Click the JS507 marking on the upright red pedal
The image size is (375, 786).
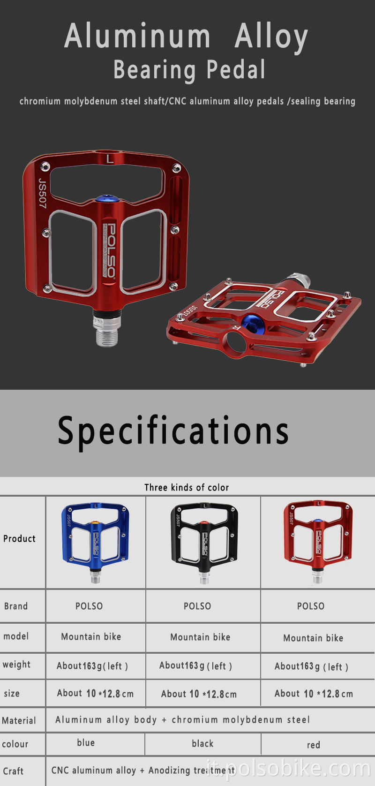(42, 193)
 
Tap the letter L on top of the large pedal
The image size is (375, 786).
(110, 159)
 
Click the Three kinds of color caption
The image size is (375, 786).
(187, 487)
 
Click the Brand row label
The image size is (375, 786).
(16, 606)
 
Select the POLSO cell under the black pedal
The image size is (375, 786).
(197, 606)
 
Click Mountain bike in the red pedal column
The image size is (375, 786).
(313, 638)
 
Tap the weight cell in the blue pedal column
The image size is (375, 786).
(92, 666)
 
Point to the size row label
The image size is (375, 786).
(12, 693)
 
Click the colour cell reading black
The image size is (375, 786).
(202, 743)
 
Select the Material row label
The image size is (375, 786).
(19, 720)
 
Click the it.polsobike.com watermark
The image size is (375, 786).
(288, 769)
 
